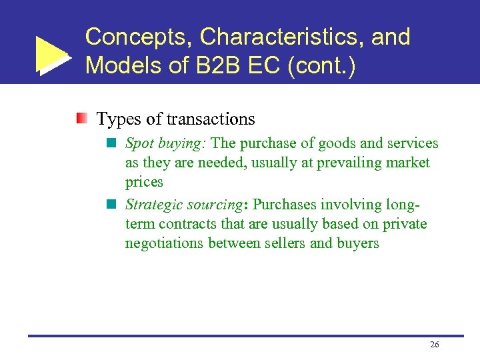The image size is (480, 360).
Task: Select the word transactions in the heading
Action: pyautogui.click(x=211, y=119)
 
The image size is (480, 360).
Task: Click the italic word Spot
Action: pyautogui.click(x=139, y=143)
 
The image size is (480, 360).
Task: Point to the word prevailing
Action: pyautogui.click(x=344, y=163)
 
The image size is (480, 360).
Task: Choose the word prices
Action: pyautogui.click(x=144, y=182)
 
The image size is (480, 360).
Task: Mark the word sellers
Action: pyautogui.click(x=285, y=243)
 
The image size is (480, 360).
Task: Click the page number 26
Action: pyautogui.click(x=435, y=345)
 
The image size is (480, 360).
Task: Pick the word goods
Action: pyautogui.click(x=337, y=143)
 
